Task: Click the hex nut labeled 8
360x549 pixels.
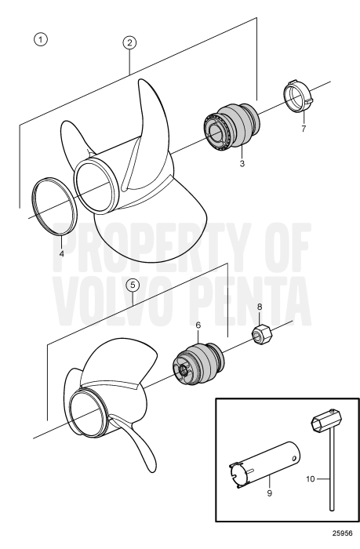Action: (260, 336)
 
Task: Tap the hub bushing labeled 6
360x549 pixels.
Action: (200, 365)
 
